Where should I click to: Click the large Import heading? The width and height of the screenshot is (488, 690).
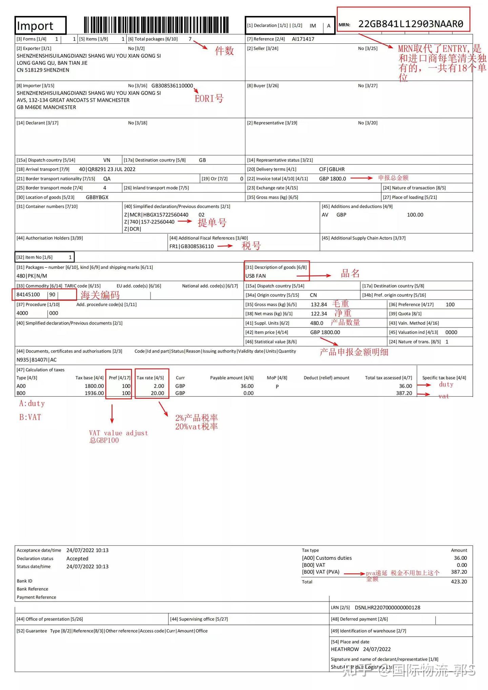pyautogui.click(x=35, y=26)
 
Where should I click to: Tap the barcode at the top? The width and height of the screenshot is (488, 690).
pyautogui.click(x=156, y=25)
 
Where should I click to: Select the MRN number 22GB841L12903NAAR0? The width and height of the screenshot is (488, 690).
pyautogui.click(x=410, y=24)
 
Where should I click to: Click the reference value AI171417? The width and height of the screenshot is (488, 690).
pyautogui.click(x=303, y=39)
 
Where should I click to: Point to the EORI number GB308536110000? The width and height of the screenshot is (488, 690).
pyautogui.click(x=172, y=86)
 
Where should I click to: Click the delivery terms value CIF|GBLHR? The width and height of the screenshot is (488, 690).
pyautogui.click(x=332, y=169)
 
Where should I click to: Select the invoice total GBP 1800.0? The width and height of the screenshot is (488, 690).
pyautogui.click(x=332, y=179)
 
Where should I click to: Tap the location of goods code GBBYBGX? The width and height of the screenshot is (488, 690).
pyautogui.click(x=97, y=197)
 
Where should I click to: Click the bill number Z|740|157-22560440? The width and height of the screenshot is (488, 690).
pyautogui.click(x=149, y=222)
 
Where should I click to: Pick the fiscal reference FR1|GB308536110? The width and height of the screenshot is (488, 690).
pyautogui.click(x=191, y=247)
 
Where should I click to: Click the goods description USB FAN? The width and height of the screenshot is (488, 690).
pyautogui.click(x=256, y=276)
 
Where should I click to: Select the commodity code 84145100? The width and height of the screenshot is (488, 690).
pyautogui.click(x=28, y=295)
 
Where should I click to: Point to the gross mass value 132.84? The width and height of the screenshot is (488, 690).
pyautogui.click(x=319, y=304)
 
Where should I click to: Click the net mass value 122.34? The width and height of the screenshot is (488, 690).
pyautogui.click(x=319, y=314)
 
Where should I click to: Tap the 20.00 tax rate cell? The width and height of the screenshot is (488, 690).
pyautogui.click(x=157, y=393)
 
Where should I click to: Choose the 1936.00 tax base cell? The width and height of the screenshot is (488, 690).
pyautogui.click(x=94, y=393)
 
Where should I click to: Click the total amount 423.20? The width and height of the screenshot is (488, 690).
pyautogui.click(x=459, y=581)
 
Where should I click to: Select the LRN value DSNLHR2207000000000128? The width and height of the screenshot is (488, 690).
pyautogui.click(x=387, y=608)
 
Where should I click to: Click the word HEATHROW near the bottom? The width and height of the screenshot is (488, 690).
pyautogui.click(x=345, y=649)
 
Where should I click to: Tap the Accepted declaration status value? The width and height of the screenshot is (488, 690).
pyautogui.click(x=77, y=558)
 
